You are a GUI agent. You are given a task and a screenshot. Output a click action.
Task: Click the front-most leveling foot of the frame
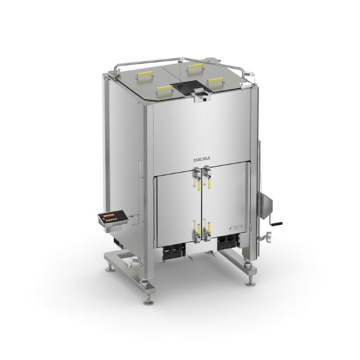[x=150, y=297]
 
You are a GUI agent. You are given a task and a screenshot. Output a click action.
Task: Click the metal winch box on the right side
[x=265, y=202]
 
